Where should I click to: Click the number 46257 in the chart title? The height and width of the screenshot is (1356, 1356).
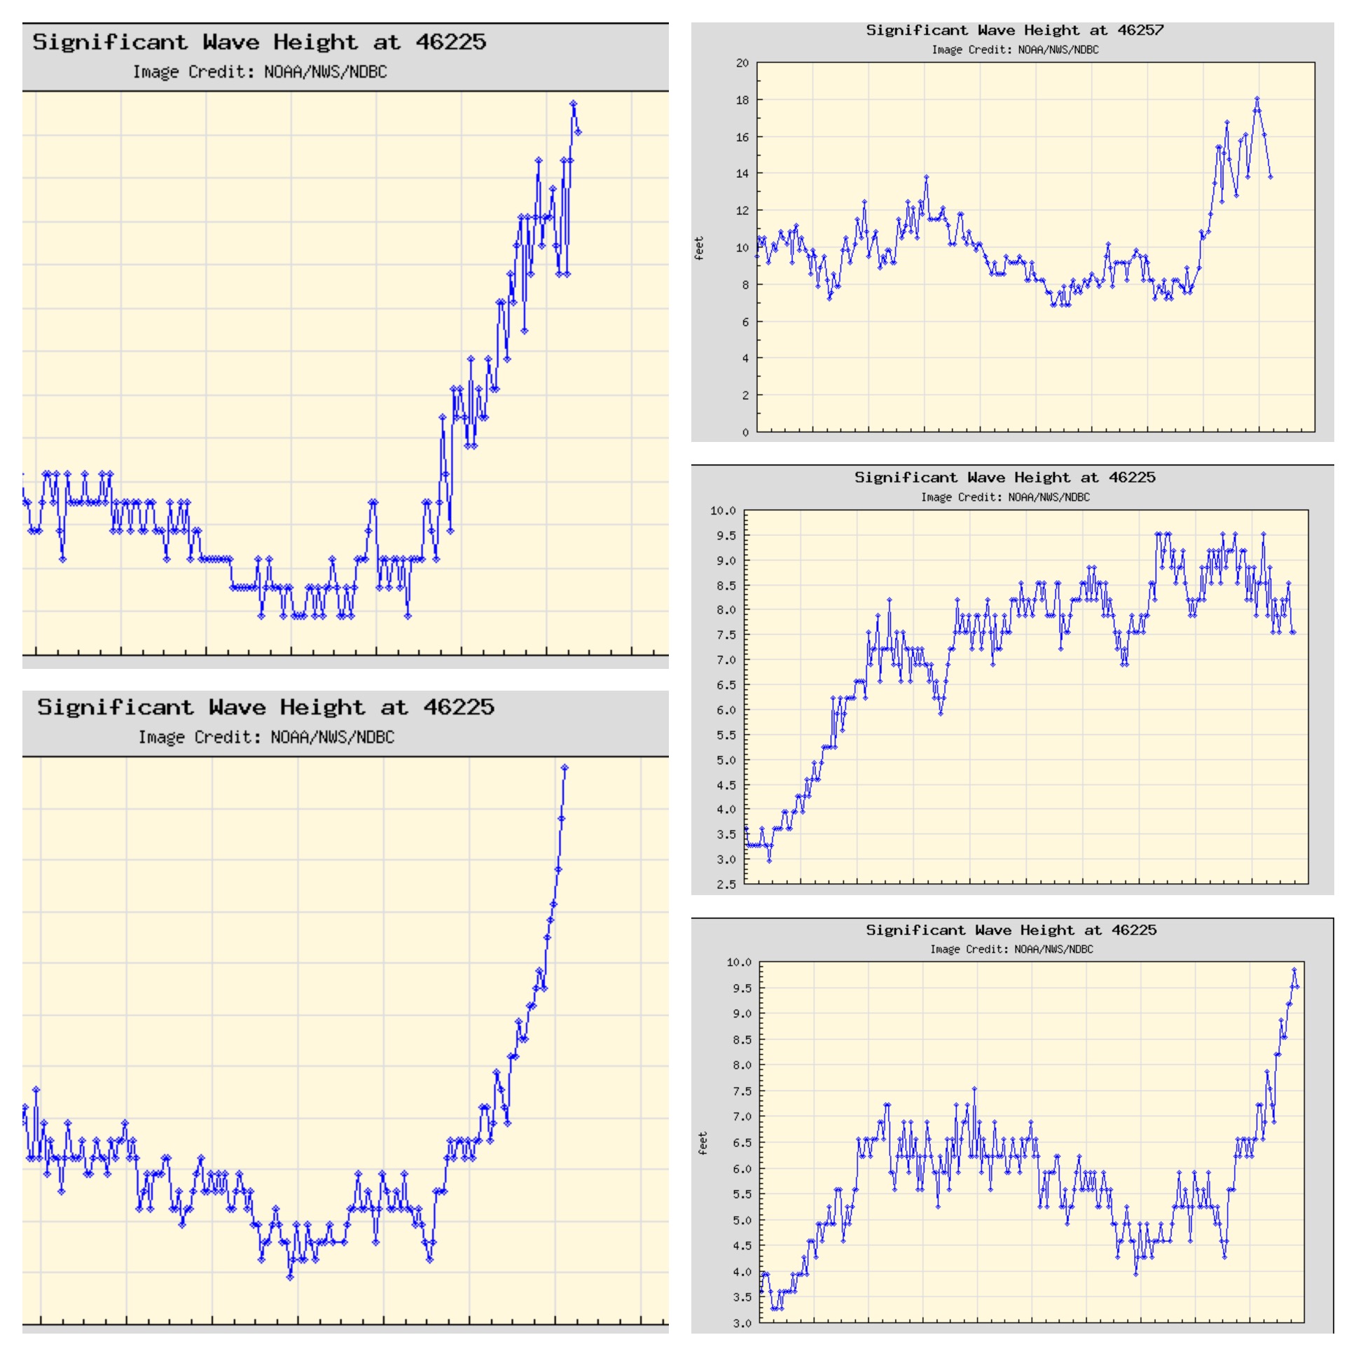tap(1140, 30)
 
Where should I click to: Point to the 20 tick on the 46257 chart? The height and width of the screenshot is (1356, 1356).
tap(742, 63)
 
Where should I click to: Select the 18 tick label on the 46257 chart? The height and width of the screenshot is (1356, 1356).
tap(742, 100)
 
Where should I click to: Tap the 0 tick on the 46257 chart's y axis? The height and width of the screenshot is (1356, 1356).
tap(745, 432)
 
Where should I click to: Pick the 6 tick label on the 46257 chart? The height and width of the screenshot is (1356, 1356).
tap(745, 322)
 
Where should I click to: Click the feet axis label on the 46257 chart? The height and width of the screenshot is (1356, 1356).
tap(698, 249)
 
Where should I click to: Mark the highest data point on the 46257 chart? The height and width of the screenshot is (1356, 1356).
tap(1257, 99)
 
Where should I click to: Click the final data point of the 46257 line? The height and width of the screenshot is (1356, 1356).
tap(1271, 177)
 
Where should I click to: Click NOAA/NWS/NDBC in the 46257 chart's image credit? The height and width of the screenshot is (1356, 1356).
tap(1058, 50)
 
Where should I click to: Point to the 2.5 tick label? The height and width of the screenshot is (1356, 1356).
tap(726, 885)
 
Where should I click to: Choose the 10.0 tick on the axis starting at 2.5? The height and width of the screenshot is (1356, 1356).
tap(723, 511)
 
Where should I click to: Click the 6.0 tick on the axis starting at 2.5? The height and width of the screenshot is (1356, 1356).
tap(726, 710)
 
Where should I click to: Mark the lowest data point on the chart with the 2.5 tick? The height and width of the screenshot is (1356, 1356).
tap(769, 861)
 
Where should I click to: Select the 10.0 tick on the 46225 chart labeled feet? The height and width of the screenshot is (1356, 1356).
tap(739, 962)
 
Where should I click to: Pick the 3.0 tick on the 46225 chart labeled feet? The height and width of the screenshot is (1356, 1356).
tap(742, 1324)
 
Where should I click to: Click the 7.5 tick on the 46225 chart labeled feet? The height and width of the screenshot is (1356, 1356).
tap(742, 1091)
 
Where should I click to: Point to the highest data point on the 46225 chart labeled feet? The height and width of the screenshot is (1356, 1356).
tap(1294, 970)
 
